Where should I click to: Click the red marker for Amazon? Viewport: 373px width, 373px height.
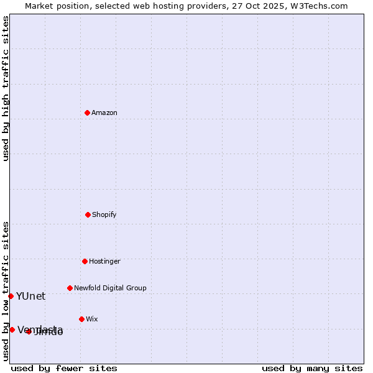(87, 113)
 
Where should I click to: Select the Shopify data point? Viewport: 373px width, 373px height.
(88, 214)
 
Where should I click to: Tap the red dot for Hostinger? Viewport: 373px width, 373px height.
(85, 261)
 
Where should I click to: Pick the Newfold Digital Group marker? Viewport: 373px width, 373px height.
(70, 288)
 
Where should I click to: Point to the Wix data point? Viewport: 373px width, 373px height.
(81, 319)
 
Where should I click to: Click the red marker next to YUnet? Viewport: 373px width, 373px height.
(11, 296)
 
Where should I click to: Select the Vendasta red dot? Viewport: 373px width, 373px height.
(12, 329)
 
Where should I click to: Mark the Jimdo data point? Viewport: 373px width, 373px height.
(29, 331)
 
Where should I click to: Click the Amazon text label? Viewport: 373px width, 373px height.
(104, 113)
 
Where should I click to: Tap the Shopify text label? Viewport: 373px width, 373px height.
(104, 214)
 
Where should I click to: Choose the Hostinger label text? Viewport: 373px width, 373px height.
(104, 261)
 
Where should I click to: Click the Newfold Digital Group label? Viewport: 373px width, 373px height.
(110, 288)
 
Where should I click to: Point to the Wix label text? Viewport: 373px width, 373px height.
(92, 319)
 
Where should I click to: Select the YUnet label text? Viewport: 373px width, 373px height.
(30, 296)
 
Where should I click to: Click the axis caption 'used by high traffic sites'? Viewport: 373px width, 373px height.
(6, 88)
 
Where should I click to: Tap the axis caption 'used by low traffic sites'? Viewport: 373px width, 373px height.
(6, 290)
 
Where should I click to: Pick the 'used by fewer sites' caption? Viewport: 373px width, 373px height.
(64, 368)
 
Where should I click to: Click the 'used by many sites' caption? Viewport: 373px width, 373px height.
(312, 368)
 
